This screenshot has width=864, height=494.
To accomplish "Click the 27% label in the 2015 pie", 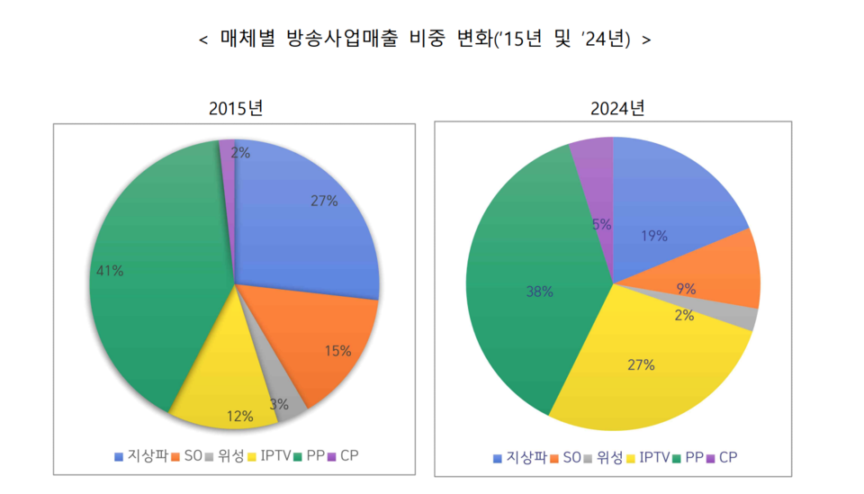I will (x=324, y=202).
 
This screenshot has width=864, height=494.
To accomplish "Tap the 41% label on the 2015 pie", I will (x=110, y=270).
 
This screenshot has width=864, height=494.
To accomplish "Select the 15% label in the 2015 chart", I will (x=337, y=351).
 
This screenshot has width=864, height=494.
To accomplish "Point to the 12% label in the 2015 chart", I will (x=239, y=417).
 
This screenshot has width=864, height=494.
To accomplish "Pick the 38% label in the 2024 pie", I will (x=540, y=292).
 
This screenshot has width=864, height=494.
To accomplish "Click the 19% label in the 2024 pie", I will (x=654, y=236).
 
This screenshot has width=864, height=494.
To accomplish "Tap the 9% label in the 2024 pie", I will (x=687, y=289).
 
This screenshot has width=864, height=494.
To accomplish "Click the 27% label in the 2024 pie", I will (x=642, y=364).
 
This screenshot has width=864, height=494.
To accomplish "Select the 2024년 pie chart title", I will (x=617, y=109).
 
